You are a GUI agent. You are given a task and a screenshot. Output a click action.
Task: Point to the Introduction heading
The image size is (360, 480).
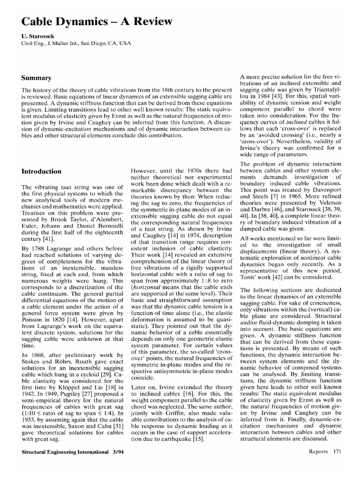pos(42,172)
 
